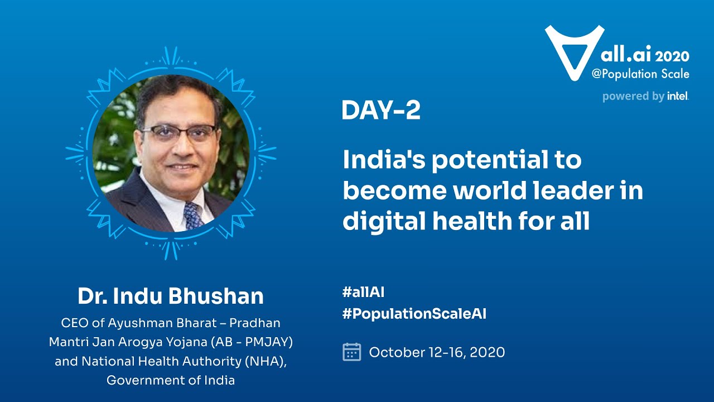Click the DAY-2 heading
380,111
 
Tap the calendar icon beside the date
351,352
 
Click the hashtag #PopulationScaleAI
414,314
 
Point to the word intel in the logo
678,97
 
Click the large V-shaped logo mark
574,50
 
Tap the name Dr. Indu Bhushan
171,296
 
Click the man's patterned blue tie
194,215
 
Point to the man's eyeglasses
178,132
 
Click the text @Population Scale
640,74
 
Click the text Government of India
171,381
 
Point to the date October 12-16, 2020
437,353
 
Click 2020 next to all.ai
672,56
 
